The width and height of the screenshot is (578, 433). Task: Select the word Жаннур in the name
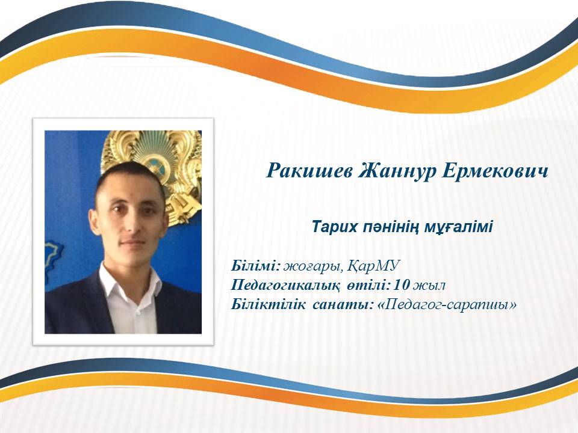click(x=397, y=171)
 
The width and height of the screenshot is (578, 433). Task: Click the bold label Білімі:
click(x=256, y=265)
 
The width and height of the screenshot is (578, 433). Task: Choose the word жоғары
click(x=314, y=266)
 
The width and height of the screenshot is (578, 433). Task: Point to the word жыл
click(x=429, y=285)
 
